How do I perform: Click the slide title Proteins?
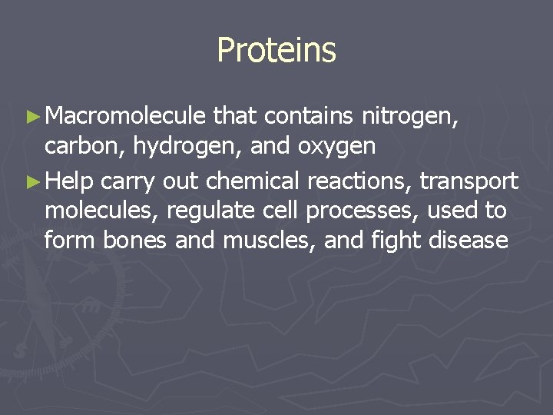click(x=276, y=50)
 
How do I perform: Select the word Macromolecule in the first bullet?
click(x=125, y=116)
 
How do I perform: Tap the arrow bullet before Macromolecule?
click(x=31, y=117)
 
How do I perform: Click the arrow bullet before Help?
click(x=31, y=181)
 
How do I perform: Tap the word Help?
click(x=70, y=181)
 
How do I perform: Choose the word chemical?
click(x=253, y=181)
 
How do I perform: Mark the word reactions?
click(x=360, y=181)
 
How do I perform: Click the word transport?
click(x=469, y=182)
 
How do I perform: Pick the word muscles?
click(x=270, y=241)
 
